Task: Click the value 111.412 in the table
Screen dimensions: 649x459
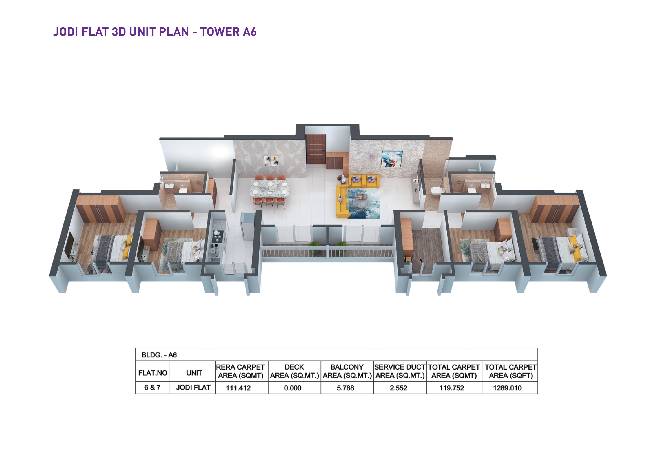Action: point(238,388)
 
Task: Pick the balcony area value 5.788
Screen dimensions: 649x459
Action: point(345,388)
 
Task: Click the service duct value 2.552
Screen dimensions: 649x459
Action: point(399,388)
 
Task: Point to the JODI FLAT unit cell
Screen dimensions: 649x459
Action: point(193,387)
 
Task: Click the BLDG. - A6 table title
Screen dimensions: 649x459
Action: point(159,355)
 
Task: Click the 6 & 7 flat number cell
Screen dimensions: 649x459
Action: point(152,387)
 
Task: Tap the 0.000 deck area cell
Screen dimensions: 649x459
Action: point(293,388)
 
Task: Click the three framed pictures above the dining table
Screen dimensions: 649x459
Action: point(271,161)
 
